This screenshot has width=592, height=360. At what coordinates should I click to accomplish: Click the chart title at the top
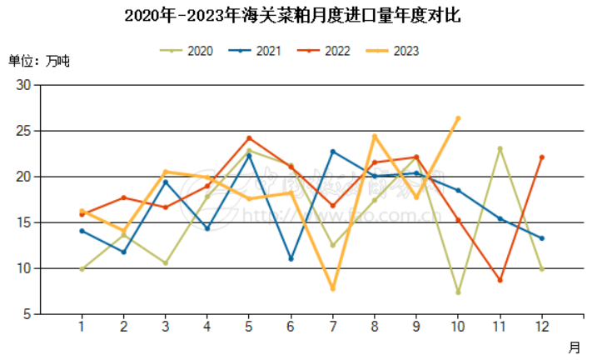[x=296, y=15]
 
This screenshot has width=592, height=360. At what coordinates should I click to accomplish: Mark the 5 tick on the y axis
[x=26, y=314]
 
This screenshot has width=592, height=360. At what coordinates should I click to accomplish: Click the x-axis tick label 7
[x=332, y=327]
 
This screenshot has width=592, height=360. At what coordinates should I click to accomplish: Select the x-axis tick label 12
[x=541, y=327]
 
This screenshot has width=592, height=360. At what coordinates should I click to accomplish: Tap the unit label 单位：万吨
[x=39, y=61]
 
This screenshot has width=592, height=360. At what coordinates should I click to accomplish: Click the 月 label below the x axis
[x=575, y=347]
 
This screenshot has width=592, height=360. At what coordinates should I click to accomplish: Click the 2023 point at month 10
[x=458, y=118]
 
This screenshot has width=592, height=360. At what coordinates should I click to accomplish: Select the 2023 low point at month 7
[x=332, y=288]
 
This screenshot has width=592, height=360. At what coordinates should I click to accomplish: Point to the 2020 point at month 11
[x=500, y=148]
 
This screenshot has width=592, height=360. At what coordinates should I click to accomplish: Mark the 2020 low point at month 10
[x=458, y=292]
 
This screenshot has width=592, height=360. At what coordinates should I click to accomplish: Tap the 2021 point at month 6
[x=291, y=259]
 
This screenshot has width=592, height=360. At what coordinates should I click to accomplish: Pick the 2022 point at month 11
[x=500, y=280]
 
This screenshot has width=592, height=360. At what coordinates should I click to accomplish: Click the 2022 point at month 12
[x=541, y=157]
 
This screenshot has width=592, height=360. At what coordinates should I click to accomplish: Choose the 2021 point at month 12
[x=541, y=238]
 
